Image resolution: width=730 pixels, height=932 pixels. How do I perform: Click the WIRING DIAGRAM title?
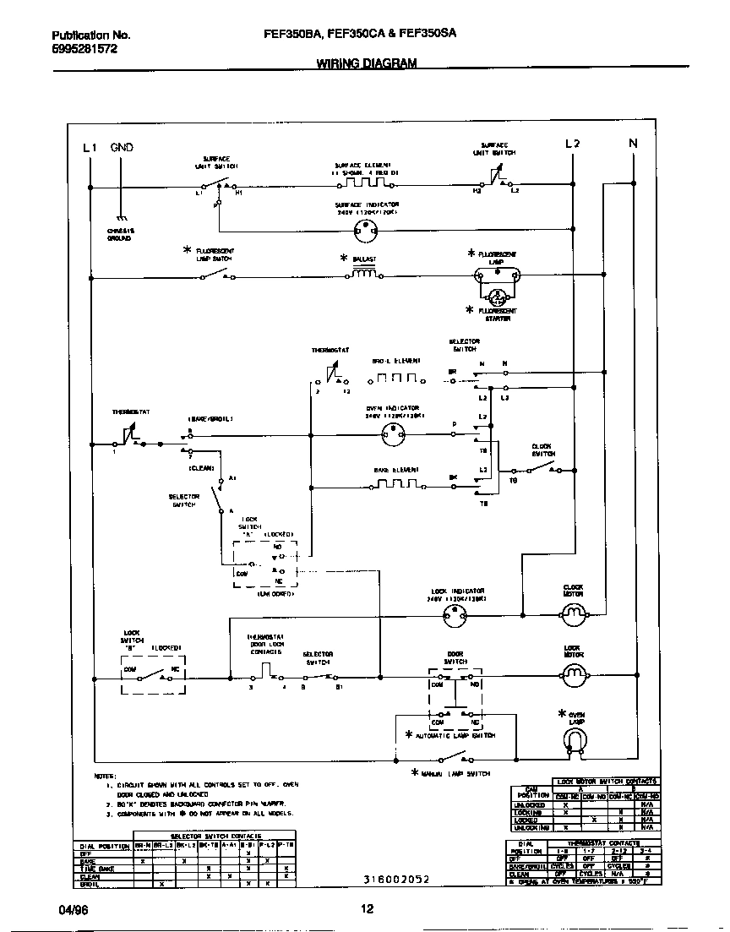coord(366,63)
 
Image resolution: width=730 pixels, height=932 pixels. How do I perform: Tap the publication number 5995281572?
coord(84,49)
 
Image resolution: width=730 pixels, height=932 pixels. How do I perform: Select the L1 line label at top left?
coord(90,147)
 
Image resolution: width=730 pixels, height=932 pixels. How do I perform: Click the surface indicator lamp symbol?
coord(367,227)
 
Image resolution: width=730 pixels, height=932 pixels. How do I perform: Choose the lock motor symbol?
coord(574,673)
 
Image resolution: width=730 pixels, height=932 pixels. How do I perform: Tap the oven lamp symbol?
coord(574,741)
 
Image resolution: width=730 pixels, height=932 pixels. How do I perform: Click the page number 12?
coord(366,909)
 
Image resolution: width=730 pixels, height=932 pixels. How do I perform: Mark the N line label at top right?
coord(633,144)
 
